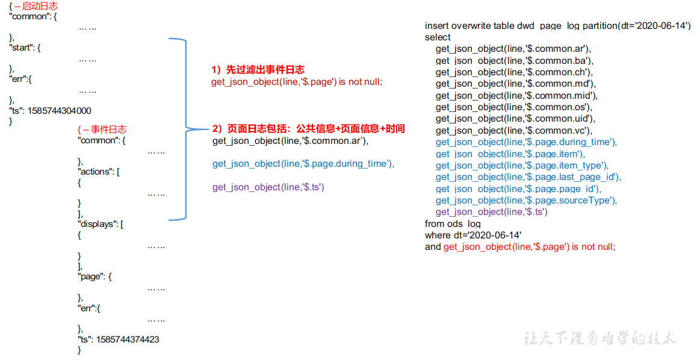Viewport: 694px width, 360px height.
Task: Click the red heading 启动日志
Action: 40,6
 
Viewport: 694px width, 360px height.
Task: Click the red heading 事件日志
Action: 108,129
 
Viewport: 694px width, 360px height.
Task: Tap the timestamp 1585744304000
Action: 60,111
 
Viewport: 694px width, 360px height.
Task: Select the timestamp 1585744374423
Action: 128,340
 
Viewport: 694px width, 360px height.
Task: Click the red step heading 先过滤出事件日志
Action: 265,69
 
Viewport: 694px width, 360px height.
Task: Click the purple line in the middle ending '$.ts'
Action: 268,187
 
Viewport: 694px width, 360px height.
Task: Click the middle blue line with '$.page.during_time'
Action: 303,164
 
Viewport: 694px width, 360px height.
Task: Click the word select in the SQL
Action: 438,37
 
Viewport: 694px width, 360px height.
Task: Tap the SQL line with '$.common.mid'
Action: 516,96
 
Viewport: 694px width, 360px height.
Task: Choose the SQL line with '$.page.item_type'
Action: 522,166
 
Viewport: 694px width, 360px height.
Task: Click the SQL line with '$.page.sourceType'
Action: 526,200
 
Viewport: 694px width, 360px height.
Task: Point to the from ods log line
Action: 453,223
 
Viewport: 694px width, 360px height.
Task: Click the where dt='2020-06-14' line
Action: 473,235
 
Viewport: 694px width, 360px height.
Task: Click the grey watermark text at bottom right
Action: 600,338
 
